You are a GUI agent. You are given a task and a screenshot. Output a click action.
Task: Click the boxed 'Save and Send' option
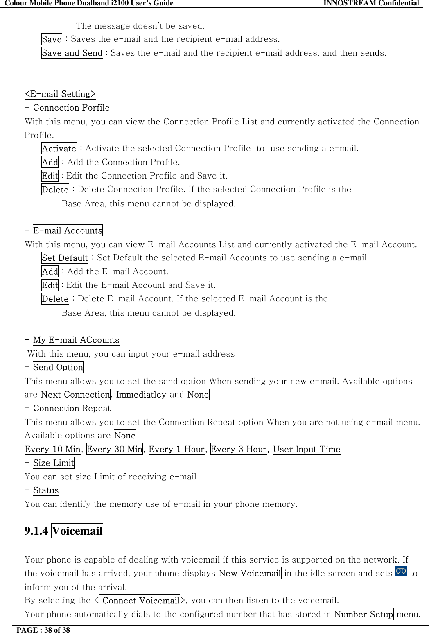[x=72, y=53]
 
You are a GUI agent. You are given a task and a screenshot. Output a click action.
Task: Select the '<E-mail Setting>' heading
[x=60, y=94]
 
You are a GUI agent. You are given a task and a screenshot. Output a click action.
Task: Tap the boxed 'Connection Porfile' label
[x=71, y=108]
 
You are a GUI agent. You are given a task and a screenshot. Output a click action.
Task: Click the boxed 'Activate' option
[x=59, y=149]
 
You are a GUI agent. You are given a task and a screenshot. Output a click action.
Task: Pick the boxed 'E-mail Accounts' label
[x=68, y=230]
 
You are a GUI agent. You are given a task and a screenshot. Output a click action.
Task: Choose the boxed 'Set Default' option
[x=65, y=258]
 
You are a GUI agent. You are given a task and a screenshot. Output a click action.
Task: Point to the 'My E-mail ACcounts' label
[x=76, y=340]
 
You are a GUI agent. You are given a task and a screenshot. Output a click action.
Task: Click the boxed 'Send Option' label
[x=58, y=367]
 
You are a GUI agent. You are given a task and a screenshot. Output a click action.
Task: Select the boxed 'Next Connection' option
[x=75, y=395]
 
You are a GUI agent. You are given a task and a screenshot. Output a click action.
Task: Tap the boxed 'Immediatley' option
[x=141, y=395]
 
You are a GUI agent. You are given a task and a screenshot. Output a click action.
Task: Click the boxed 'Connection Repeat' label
[x=72, y=408]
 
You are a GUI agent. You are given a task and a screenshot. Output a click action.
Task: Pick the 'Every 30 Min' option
[x=115, y=449]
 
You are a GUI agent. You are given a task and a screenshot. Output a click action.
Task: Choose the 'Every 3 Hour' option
[x=239, y=449]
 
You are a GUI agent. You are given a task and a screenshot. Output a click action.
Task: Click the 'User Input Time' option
[x=307, y=449]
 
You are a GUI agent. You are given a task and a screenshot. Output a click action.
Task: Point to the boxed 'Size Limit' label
[x=54, y=463]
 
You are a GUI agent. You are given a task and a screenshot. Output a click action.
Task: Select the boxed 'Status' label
[x=46, y=490]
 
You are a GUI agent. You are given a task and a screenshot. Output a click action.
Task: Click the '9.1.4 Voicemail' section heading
[x=63, y=531]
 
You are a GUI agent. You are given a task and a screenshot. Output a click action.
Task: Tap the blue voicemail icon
[x=401, y=571]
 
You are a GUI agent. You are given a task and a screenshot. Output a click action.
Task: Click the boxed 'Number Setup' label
[x=364, y=614]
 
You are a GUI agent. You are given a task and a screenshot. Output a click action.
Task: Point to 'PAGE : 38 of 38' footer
[x=43, y=630]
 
